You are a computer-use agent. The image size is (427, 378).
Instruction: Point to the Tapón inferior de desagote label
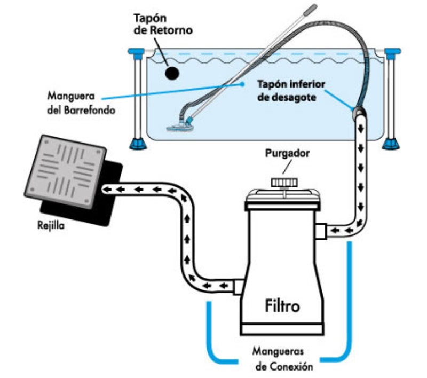pyautogui.click(x=291, y=91)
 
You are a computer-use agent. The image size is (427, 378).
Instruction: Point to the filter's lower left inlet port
pyautogui.click(x=239, y=286)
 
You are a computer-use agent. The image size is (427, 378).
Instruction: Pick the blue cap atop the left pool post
pyautogui.click(x=137, y=53)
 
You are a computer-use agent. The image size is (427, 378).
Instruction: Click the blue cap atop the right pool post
pyautogui.click(x=393, y=53)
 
